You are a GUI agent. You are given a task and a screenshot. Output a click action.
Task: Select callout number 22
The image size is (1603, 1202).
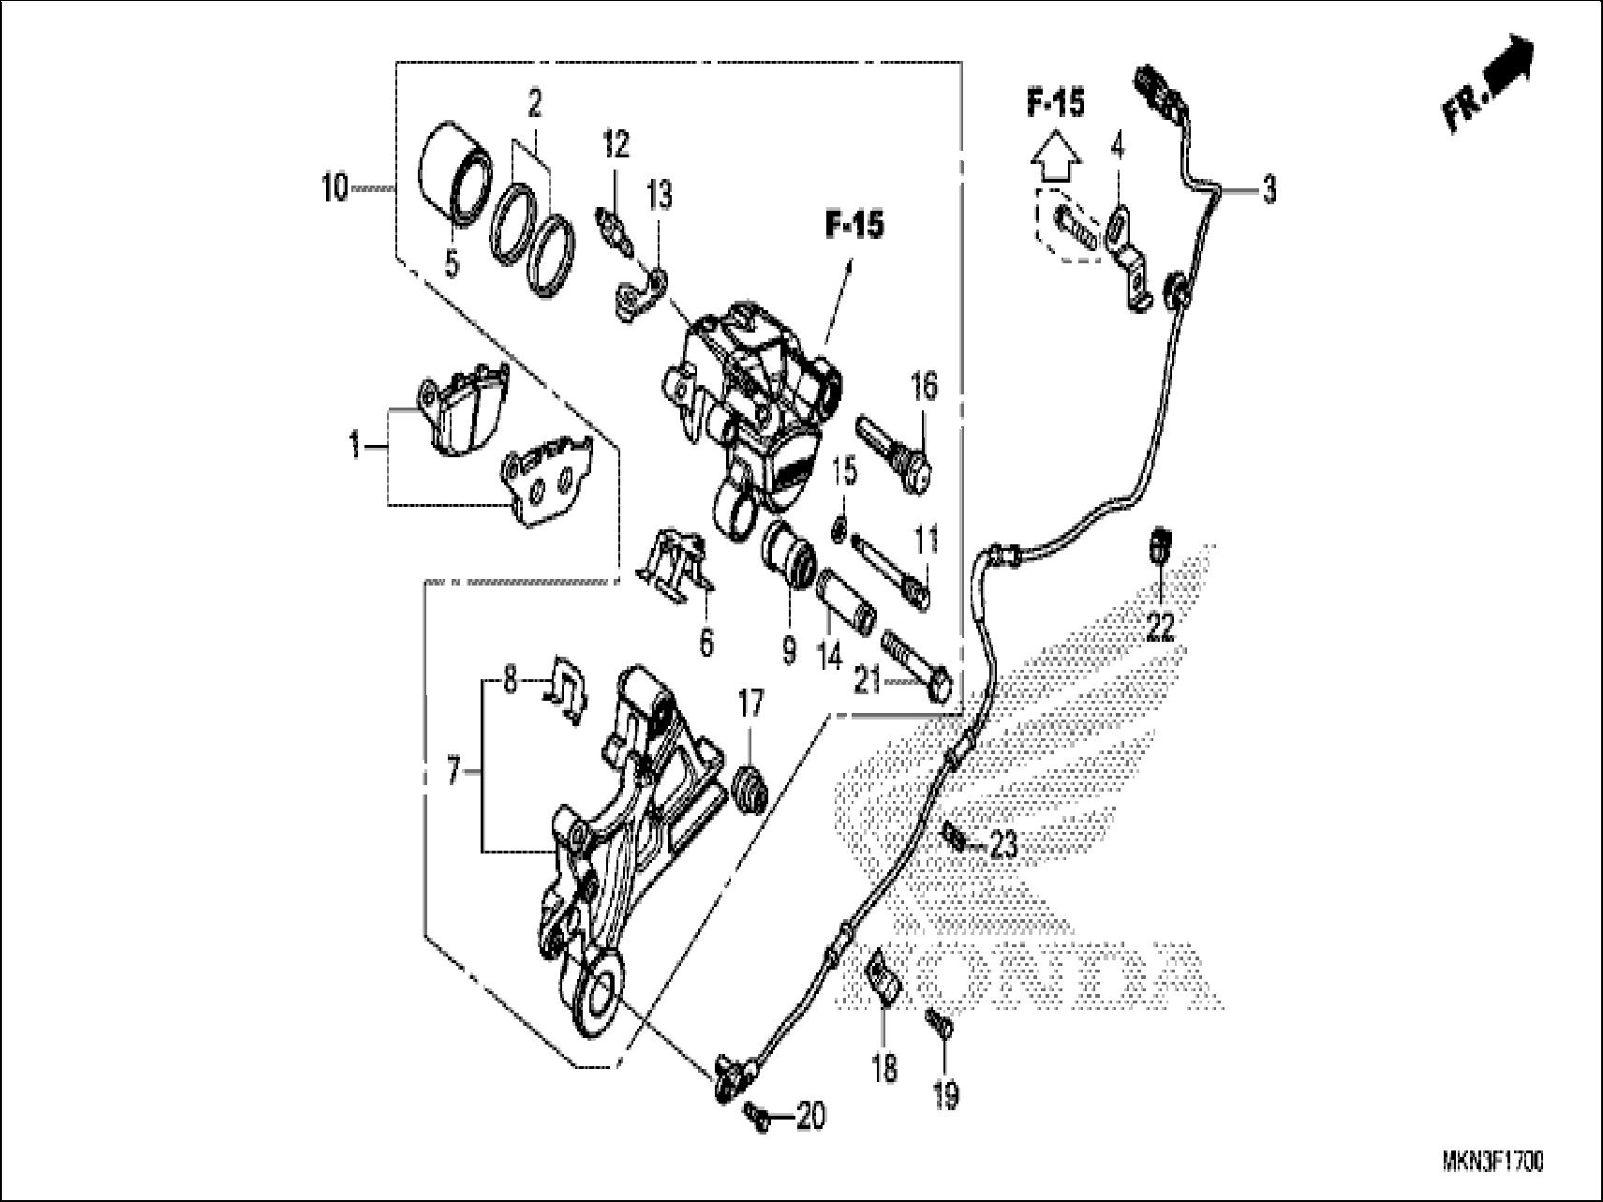pyautogui.click(x=1160, y=628)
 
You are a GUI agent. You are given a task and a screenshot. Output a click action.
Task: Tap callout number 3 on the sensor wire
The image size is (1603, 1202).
pyautogui.click(x=1268, y=190)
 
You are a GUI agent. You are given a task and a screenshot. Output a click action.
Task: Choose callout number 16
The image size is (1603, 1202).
pyautogui.click(x=924, y=385)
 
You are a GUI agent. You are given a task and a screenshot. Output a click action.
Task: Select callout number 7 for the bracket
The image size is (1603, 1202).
pyautogui.click(x=454, y=774)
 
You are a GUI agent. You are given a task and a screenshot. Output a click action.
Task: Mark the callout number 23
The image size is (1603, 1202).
pyautogui.click(x=1003, y=847)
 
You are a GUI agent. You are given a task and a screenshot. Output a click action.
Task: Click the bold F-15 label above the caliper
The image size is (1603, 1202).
pyautogui.click(x=853, y=225)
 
